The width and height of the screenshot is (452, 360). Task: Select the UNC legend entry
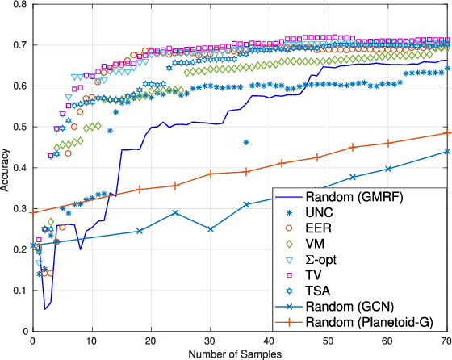coord(338,213)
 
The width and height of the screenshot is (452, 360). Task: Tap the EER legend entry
coord(337,229)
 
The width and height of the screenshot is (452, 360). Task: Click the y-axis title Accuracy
coord(8,167)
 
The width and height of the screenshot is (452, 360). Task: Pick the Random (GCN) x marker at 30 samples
coord(210,229)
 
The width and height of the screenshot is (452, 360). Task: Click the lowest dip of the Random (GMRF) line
coord(45,308)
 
